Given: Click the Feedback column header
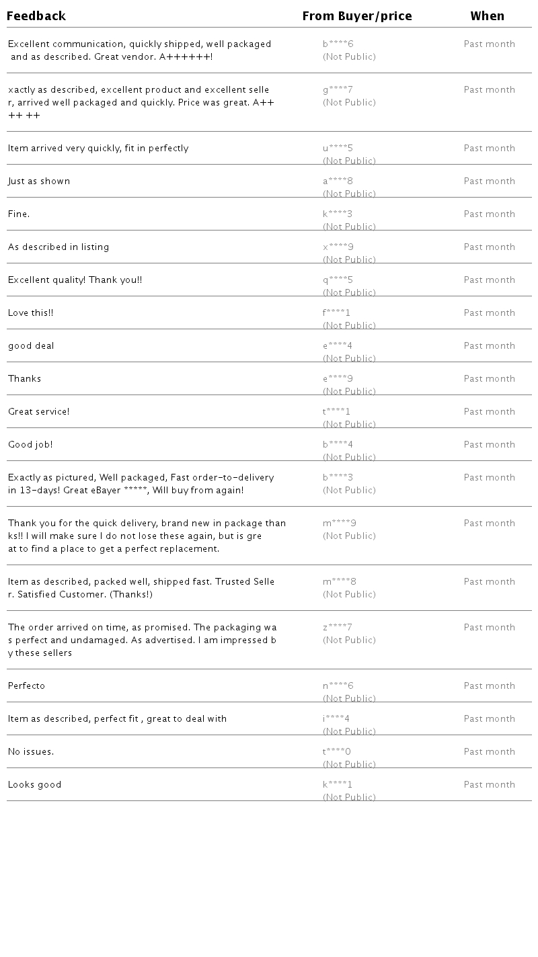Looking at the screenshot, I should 36,16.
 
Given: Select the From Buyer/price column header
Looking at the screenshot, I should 357,16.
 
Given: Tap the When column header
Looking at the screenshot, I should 488,16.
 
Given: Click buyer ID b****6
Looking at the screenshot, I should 338,44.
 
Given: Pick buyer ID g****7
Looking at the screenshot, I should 338,90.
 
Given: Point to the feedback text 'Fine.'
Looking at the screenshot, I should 19,214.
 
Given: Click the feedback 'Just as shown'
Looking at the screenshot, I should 39,181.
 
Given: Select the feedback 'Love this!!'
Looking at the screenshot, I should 30,313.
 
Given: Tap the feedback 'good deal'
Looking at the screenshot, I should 31,346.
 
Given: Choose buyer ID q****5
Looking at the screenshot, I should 338,280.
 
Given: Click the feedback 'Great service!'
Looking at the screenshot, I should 38,412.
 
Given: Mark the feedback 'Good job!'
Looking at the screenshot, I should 30,445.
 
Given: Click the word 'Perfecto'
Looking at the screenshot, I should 27,686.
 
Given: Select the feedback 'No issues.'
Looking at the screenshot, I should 31,752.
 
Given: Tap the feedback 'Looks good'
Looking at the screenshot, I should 34,785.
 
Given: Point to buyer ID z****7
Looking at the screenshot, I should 338,628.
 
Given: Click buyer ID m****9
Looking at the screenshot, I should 340,524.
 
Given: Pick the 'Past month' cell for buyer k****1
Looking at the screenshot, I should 490,785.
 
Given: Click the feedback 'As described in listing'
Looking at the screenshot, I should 59,247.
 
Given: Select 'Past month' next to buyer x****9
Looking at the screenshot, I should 490,247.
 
